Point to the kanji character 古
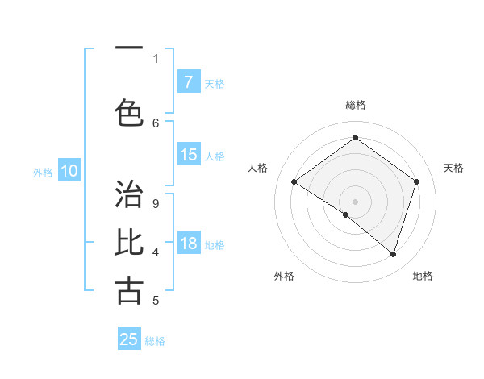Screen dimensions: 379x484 point(129,290)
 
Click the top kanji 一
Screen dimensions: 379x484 point(129,48)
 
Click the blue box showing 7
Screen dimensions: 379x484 point(188,81)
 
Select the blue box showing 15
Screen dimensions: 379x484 point(188,155)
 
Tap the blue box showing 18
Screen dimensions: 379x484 point(188,244)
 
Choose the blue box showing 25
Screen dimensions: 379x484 point(129,339)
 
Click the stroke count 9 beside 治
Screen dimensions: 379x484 point(155,204)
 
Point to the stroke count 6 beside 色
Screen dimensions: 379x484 point(156,123)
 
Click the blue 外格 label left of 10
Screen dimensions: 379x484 point(43,172)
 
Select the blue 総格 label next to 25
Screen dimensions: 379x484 point(155,341)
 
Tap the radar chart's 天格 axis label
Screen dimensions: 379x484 point(453,168)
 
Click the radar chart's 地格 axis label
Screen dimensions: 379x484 point(423,276)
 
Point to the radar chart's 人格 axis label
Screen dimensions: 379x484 point(257,168)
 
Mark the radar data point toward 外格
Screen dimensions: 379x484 point(346,214)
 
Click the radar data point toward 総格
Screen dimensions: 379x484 point(355,137)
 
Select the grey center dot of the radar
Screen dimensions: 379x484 point(355,200)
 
